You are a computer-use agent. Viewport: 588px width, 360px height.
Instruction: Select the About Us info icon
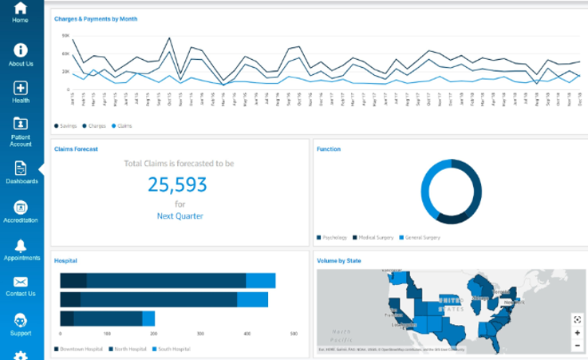point(21,50)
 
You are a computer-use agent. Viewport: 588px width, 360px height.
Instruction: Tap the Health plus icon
point(21,88)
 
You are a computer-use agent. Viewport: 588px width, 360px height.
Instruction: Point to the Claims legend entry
point(122,125)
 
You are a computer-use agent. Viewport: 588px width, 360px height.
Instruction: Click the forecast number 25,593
point(177,184)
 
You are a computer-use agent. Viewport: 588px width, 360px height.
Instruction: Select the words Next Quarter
point(180,216)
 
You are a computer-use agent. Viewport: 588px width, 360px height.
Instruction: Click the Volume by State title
point(339,260)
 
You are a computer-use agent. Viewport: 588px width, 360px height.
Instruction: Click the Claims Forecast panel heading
point(76,148)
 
